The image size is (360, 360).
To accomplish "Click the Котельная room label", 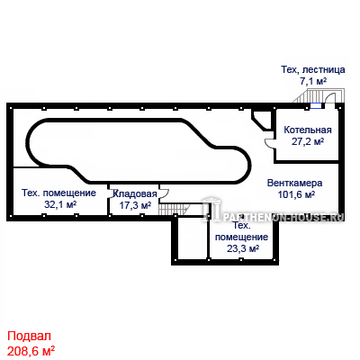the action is tap(308, 130).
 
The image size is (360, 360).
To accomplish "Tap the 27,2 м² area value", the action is tap(308, 141).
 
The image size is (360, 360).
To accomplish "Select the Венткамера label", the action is tap(295, 183).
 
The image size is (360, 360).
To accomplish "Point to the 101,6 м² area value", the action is tap(296, 194).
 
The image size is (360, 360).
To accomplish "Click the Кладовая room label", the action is tap(135, 194).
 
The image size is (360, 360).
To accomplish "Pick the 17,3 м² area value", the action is tap(135, 205).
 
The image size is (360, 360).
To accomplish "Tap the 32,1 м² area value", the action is tap(60, 204).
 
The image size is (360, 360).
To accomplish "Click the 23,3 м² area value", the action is tap(243, 248).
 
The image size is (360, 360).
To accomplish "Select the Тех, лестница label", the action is tap(313, 69).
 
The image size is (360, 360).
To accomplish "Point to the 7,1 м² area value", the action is tap(313, 81).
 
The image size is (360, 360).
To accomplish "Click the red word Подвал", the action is tap(29, 336).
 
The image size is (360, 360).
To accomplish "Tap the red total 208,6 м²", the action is tap(31, 350).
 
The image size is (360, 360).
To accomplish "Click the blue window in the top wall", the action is tap(315, 105).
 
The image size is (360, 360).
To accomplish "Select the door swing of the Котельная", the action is tap(270, 143).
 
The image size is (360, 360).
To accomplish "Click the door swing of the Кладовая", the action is tap(164, 193).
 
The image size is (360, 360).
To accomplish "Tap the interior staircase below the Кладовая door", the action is tap(174, 209).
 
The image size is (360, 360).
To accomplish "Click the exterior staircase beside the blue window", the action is tap(304, 96).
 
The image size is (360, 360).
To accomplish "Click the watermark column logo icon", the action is tap(211, 209).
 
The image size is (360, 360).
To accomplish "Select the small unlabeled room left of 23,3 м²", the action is tap(192, 238).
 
